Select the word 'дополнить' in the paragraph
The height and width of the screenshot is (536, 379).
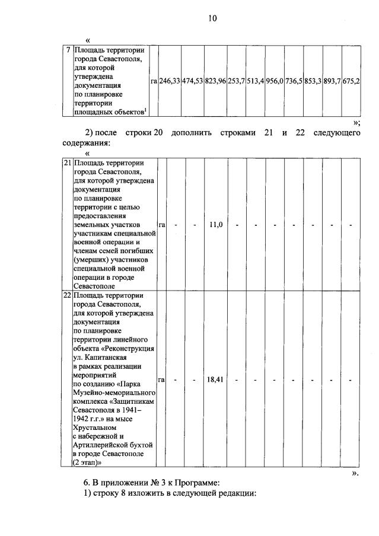pos(192,132)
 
